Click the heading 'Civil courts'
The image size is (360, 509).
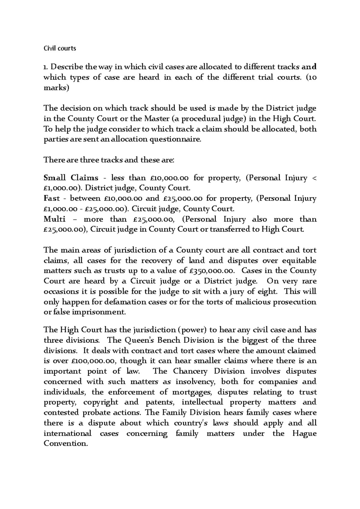click(x=60, y=48)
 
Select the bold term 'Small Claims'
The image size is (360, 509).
click(x=71, y=178)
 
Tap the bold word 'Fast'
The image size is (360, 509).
click(x=52, y=198)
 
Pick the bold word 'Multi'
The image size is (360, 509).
click(x=55, y=219)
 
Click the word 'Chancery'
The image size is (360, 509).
click(x=190, y=371)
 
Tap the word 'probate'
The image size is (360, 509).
click(x=99, y=413)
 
